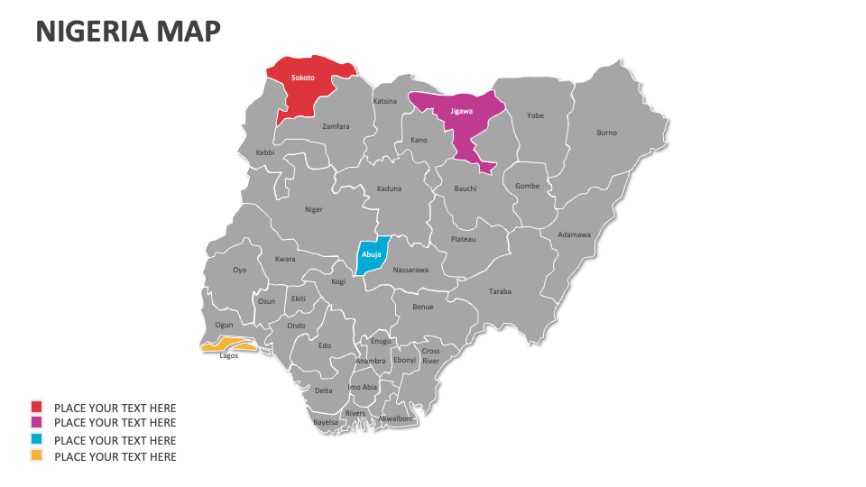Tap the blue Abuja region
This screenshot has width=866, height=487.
click(x=372, y=254)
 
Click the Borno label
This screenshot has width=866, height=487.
click(x=607, y=133)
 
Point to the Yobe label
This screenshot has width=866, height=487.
click(x=536, y=115)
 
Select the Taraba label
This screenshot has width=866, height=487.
click(x=500, y=291)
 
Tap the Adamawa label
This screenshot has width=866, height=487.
click(x=574, y=234)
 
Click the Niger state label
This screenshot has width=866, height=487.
click(x=313, y=209)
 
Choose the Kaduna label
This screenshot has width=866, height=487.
click(x=389, y=188)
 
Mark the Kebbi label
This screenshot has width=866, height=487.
click(x=265, y=152)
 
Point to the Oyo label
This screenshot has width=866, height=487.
click(x=239, y=270)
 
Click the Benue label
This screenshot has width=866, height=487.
click(x=423, y=307)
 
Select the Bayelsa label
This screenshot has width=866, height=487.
click(x=326, y=422)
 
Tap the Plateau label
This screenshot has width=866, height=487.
click(x=463, y=239)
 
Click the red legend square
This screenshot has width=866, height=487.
click(x=36, y=408)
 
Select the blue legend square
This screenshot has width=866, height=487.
click(x=36, y=440)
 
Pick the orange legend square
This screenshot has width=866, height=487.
click(x=36, y=455)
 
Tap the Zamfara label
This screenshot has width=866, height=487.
click(x=336, y=126)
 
